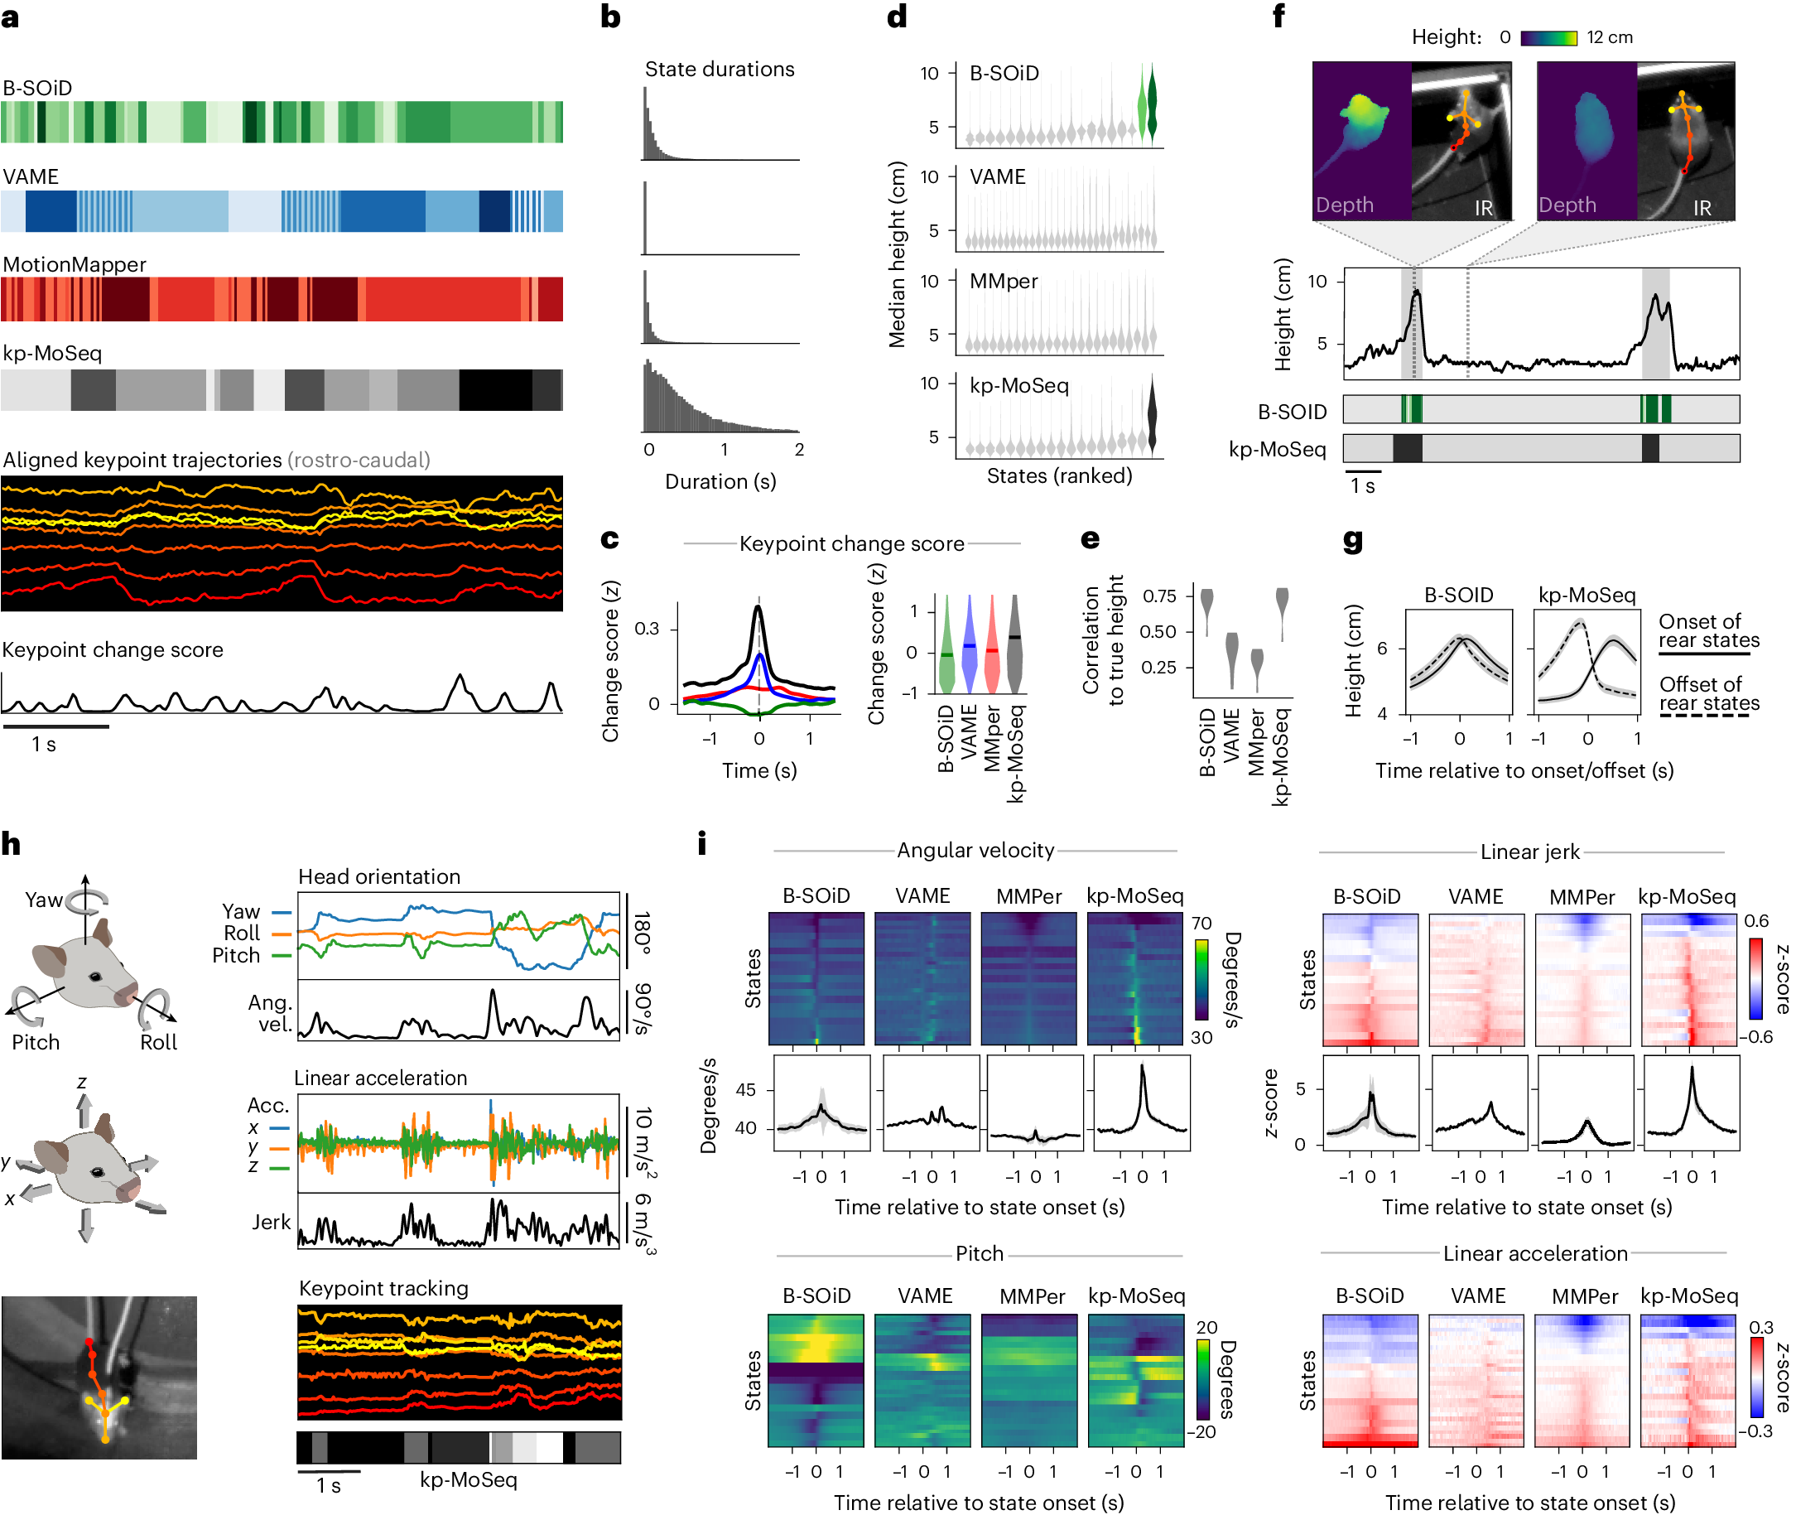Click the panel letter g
(1353, 542)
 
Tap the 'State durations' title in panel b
(720, 70)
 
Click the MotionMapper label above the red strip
(75, 264)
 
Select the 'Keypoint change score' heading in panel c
(852, 543)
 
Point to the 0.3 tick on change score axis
(647, 629)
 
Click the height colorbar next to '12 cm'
(1548, 38)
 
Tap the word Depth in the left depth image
(1345, 205)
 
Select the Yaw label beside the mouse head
(43, 900)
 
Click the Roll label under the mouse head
(158, 1043)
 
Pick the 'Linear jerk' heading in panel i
(1529, 852)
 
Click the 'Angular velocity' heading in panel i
(975, 850)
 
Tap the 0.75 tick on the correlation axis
(1159, 596)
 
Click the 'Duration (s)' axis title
(720, 482)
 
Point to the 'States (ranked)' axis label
(1058, 475)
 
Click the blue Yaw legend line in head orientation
(282, 912)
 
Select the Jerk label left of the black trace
(271, 1222)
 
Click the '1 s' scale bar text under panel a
(44, 745)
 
